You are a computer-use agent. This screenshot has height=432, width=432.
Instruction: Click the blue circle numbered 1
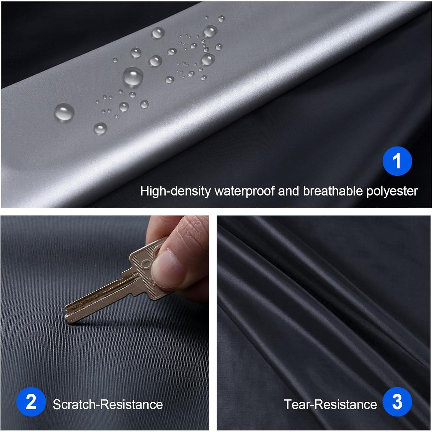coord(397,161)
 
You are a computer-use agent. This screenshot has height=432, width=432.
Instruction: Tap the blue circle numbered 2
coord(31,402)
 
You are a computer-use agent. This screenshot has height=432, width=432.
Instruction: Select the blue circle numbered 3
coord(397,402)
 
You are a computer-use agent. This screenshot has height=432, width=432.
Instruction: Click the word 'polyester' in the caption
coord(392,191)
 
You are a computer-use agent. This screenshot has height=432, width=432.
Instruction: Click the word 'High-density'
coord(175,191)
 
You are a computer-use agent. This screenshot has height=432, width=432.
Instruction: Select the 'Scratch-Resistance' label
coord(108,404)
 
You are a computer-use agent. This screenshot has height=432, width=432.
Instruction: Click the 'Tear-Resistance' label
coord(330,404)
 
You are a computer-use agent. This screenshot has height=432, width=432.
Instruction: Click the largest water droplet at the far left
coord(64,112)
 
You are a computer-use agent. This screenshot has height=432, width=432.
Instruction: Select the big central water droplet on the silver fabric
coord(133,77)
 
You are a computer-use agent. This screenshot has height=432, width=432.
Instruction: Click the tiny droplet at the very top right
coord(221,19)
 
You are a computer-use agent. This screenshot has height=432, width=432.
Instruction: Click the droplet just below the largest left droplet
coord(100,128)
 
